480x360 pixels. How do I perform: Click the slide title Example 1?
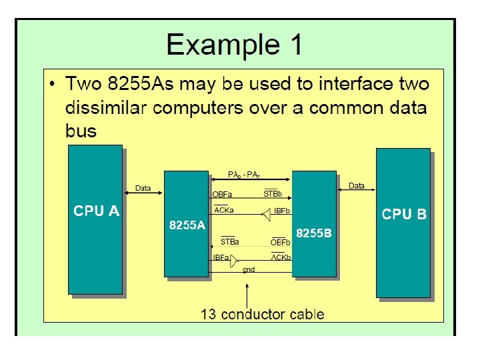tap(234, 45)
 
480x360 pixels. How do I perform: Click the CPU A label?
tap(97, 211)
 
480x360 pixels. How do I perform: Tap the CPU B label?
tap(404, 215)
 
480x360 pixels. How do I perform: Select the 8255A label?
tap(187, 225)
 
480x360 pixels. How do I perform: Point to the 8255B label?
tap(314, 233)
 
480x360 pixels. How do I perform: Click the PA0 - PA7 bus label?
tap(244, 175)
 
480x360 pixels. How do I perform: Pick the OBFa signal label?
tap(222, 195)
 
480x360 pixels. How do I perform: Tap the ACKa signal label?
tap(224, 211)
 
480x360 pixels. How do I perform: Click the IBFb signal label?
tap(282, 211)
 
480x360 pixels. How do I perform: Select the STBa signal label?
tap(229, 241)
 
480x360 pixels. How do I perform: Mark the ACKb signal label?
tap(281, 257)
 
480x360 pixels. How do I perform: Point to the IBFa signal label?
tap(221, 257)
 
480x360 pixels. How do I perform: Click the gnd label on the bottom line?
tap(249, 270)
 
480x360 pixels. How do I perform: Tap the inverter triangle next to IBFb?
tap(266, 214)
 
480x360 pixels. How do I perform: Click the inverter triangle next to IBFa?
tap(234, 261)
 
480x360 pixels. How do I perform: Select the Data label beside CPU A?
tap(143, 188)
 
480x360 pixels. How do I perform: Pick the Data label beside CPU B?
tap(357, 186)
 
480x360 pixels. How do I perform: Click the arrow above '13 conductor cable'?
tap(247, 293)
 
